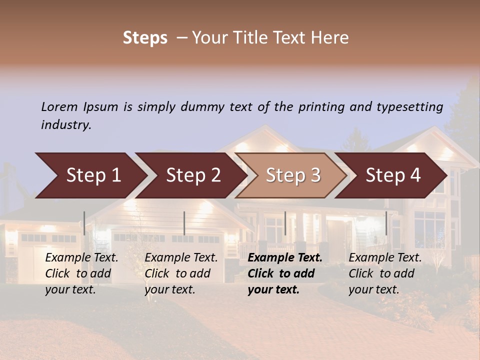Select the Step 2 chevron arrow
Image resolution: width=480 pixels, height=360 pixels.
pos(193,175)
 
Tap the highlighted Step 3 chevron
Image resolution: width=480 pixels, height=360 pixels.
pos(293,175)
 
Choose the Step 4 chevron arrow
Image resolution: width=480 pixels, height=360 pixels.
pos(393,175)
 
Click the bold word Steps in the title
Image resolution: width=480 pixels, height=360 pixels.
pos(145,37)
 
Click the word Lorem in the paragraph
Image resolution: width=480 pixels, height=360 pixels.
pos(59,106)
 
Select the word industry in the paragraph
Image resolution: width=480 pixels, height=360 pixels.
pos(66,124)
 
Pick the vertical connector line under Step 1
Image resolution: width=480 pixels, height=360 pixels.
pos(84,223)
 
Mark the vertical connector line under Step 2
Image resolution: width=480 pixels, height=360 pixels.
pos(184,223)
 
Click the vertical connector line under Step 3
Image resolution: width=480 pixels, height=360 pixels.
pos(285,223)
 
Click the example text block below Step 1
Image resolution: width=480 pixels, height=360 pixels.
pos(81,273)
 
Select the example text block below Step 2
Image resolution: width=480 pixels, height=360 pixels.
pos(181,273)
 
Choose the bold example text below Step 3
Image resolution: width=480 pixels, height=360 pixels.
pos(285,273)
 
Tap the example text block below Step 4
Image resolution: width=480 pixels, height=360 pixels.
pos(385,273)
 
